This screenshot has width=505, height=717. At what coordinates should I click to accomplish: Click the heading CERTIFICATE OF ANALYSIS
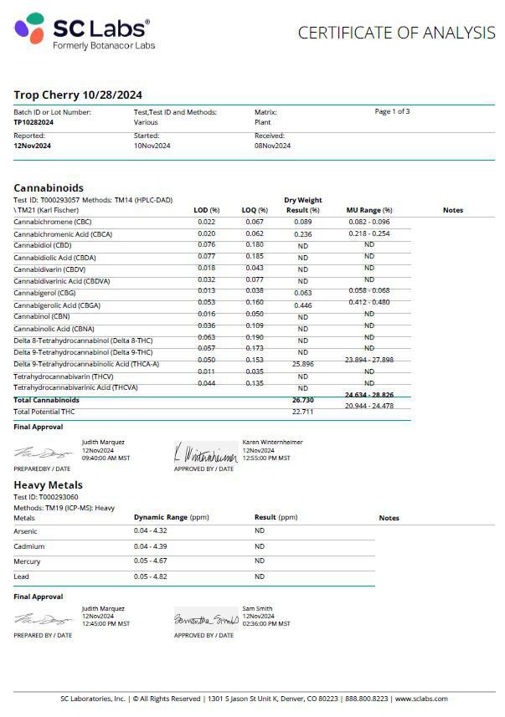(396, 33)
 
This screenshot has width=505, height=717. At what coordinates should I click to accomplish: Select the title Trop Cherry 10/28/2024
(78, 95)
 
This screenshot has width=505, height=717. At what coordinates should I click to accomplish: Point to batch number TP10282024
(33, 122)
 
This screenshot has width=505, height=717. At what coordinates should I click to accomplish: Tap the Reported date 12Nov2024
(32, 146)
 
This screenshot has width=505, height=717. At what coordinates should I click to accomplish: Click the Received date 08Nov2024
(272, 146)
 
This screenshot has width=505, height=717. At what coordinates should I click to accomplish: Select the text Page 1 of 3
(392, 111)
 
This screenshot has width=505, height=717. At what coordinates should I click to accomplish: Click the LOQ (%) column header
(255, 210)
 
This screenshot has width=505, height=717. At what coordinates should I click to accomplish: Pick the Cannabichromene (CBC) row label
(53, 222)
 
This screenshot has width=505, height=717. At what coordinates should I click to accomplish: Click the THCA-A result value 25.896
(302, 365)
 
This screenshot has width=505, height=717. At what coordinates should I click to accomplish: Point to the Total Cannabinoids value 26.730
(302, 400)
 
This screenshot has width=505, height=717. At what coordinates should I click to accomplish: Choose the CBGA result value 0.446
(302, 306)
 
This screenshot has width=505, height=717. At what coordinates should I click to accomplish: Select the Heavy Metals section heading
(48, 485)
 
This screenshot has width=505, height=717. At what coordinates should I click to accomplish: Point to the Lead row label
(22, 576)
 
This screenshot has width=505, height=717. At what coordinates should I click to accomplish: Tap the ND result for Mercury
(260, 561)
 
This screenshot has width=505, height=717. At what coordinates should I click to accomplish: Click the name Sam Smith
(256, 608)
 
